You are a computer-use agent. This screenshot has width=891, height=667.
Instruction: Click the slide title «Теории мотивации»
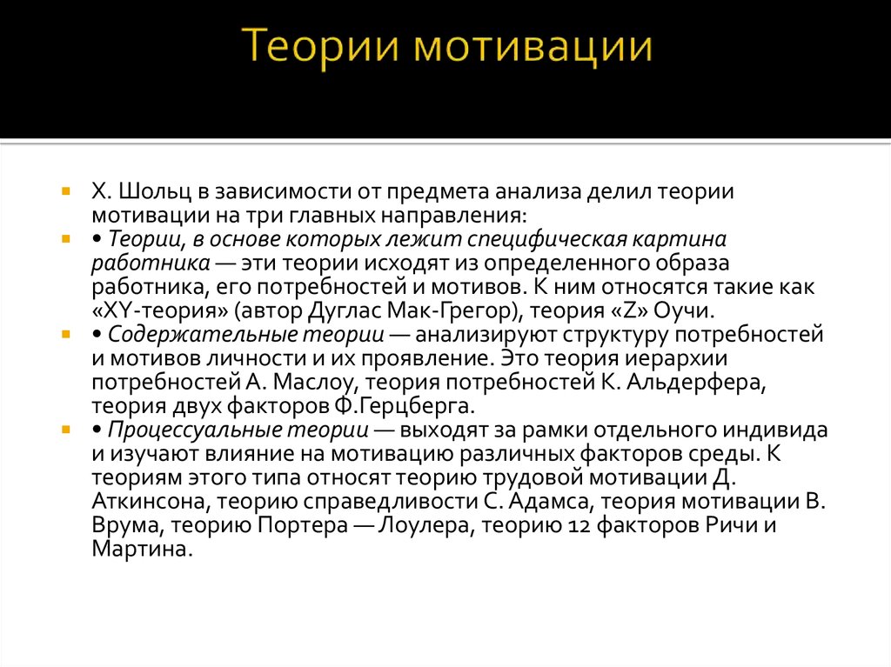click(x=445, y=46)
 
